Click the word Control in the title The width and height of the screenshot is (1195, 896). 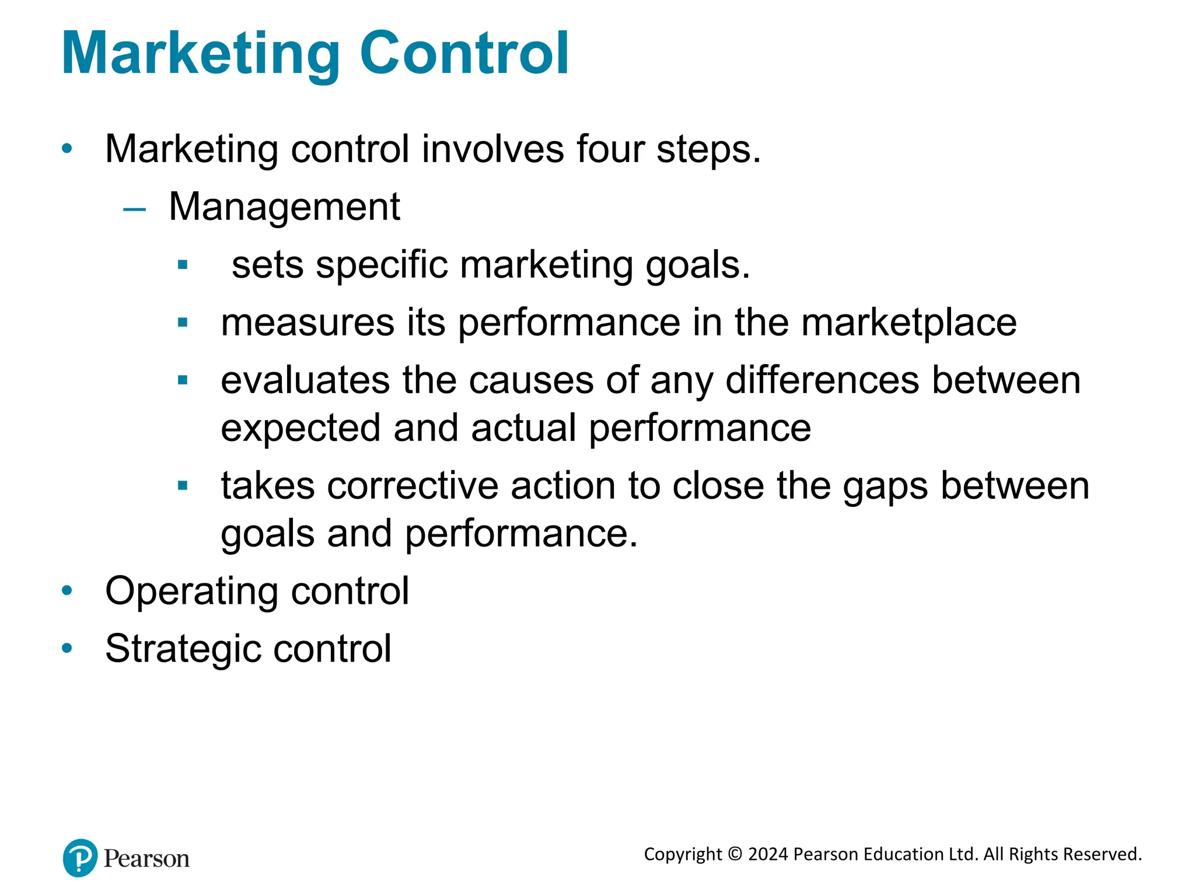pos(464,54)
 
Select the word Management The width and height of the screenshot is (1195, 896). pos(284,207)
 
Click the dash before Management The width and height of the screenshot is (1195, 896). pos(134,208)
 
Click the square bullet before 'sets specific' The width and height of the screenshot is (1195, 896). pos(183,265)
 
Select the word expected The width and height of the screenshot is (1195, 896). pos(301,429)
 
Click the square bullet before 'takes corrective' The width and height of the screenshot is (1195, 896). pos(183,485)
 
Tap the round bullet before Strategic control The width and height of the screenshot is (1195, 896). pos(67,648)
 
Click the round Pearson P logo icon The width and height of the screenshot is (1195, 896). pos(80,858)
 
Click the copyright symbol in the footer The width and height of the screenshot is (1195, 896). pos(735,855)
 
